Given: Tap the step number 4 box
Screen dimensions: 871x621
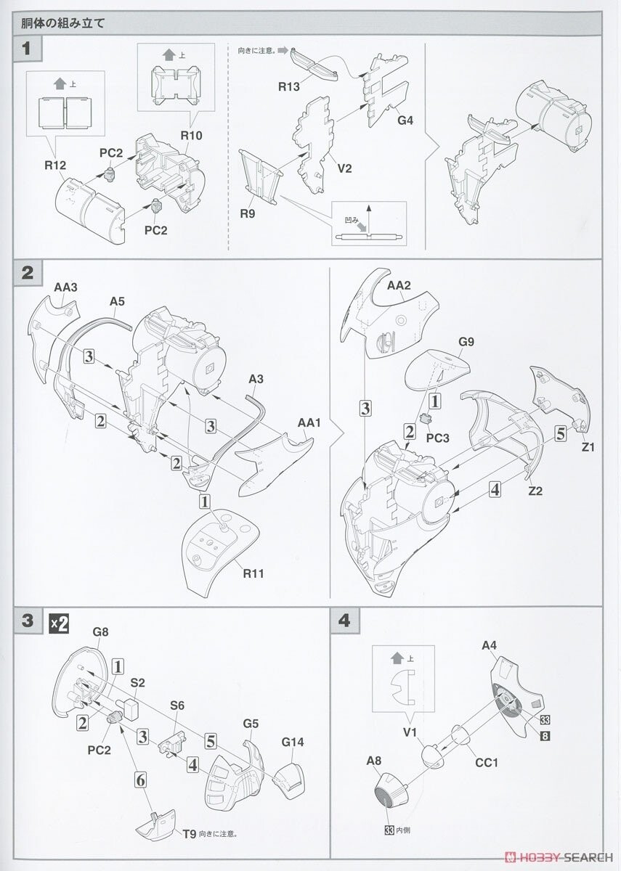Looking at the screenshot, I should point(344,621).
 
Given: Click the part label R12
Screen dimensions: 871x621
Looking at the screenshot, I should point(54,165).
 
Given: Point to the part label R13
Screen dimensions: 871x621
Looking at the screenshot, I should point(288,87).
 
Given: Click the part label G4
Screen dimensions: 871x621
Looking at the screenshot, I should point(405,120).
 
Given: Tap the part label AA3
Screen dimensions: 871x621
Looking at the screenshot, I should point(65,287).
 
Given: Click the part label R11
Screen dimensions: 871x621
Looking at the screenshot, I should point(254,573).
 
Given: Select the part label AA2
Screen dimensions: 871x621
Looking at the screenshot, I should point(399,285).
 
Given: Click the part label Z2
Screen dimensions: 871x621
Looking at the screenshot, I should point(536,491).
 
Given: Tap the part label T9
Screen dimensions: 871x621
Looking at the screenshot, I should point(190,833).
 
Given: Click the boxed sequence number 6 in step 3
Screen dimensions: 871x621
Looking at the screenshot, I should point(143,782).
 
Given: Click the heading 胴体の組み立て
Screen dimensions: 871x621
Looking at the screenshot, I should point(65,22).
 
